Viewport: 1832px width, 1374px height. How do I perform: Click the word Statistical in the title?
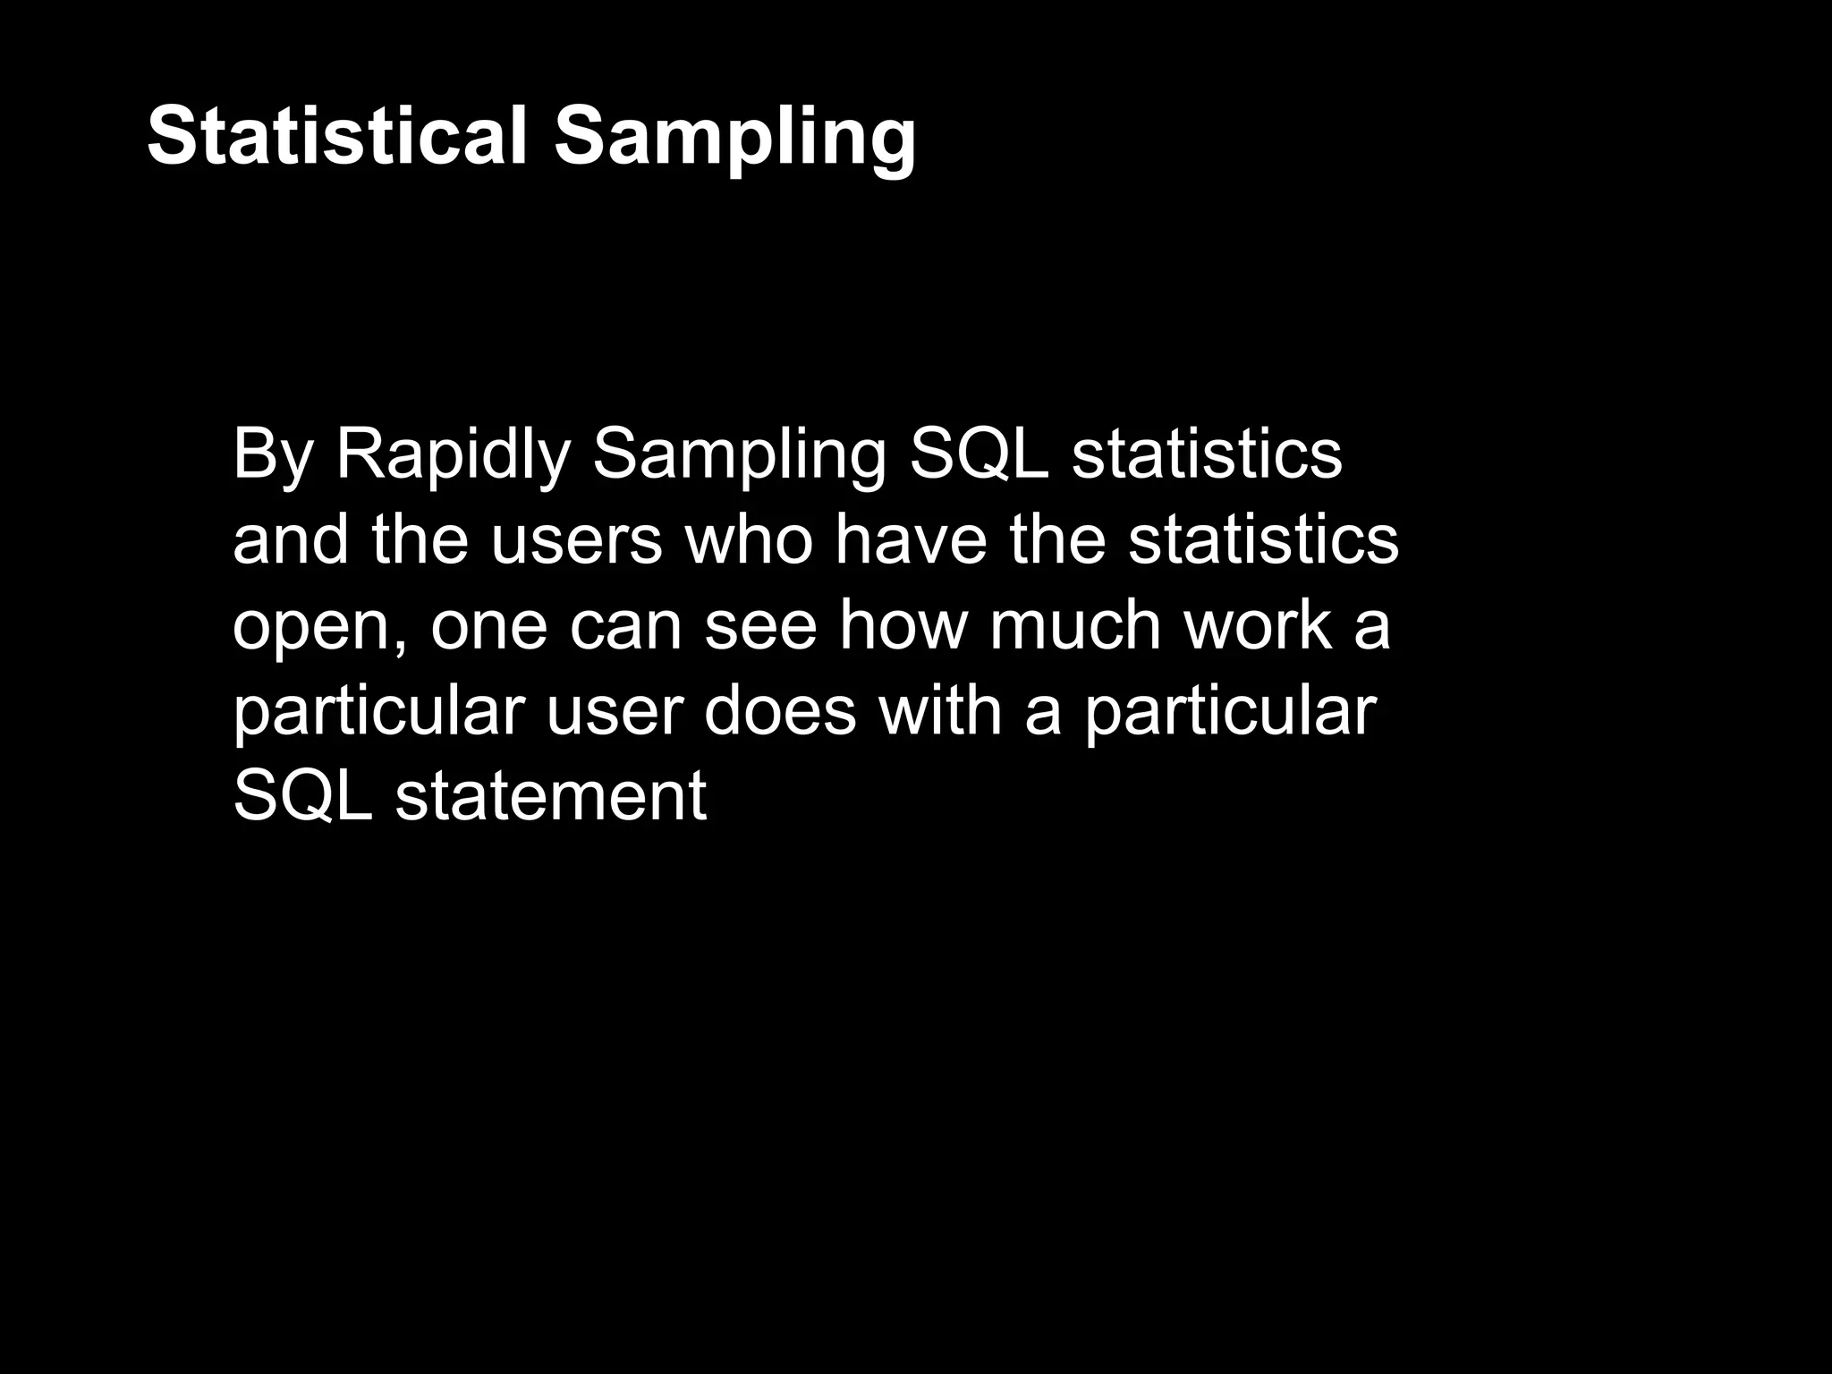point(338,135)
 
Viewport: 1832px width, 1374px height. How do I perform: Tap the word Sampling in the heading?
point(735,139)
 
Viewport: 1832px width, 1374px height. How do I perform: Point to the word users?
point(577,541)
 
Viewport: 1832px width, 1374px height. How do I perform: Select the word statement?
point(550,796)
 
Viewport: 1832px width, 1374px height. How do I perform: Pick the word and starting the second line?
point(290,541)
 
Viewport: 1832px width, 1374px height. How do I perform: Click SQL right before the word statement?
point(302,796)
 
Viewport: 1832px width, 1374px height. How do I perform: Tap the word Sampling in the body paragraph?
point(738,456)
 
